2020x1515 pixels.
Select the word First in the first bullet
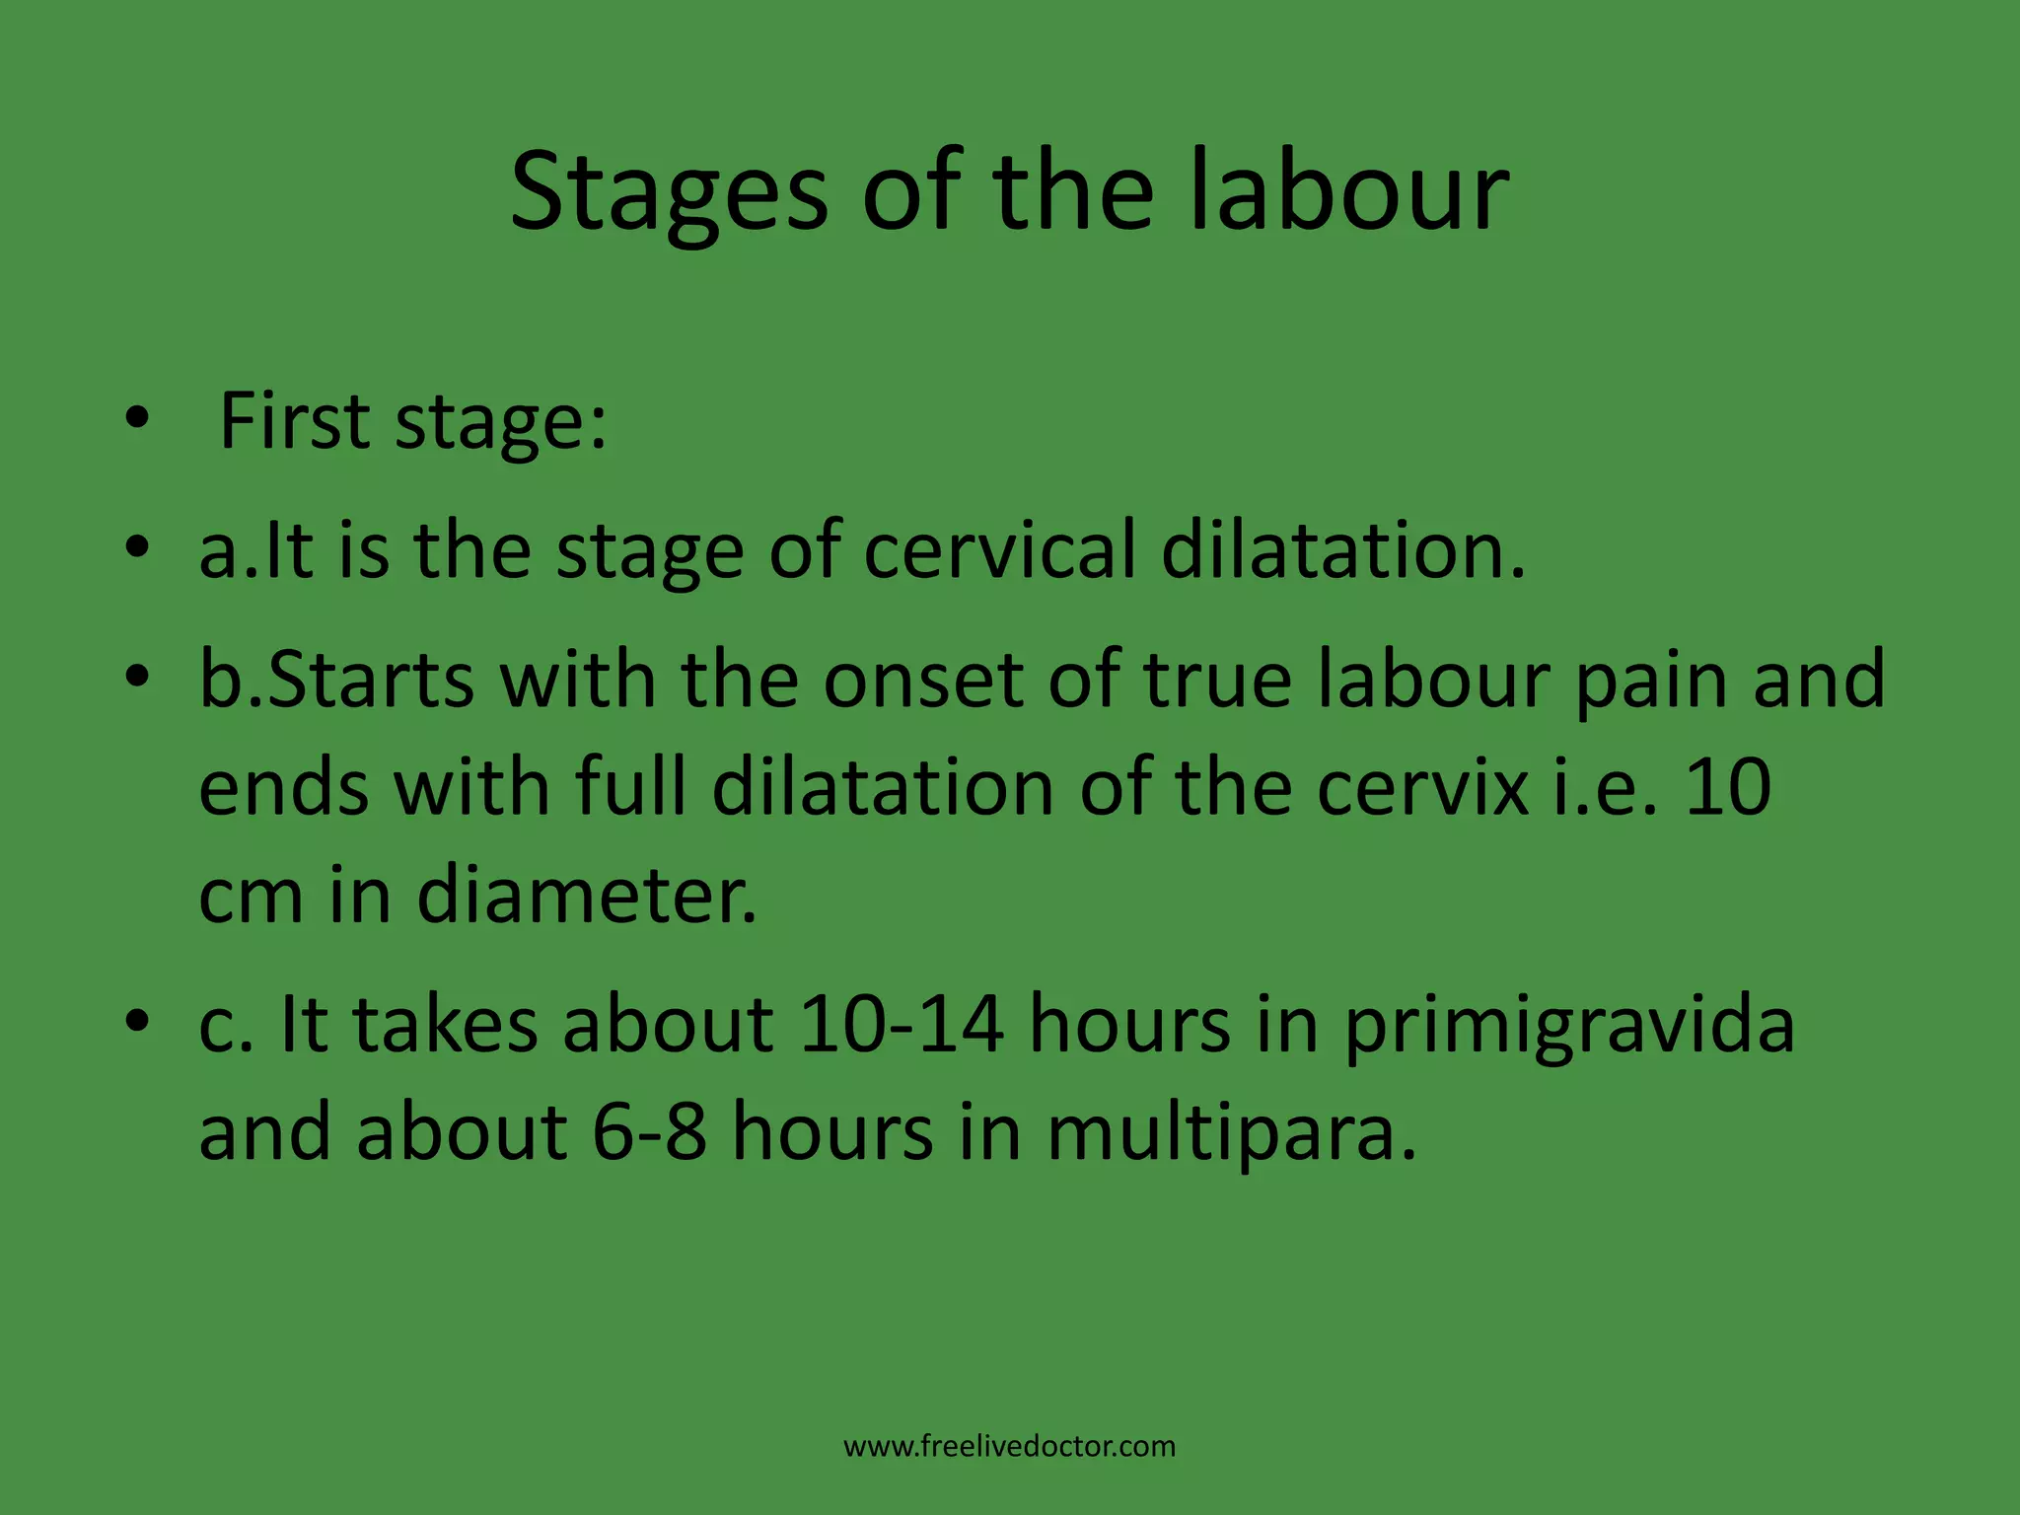(x=294, y=421)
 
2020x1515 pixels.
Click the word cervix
(x=1422, y=788)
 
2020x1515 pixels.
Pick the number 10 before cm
(x=1728, y=788)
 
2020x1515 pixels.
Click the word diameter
(x=587, y=895)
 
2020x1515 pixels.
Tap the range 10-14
(x=902, y=1024)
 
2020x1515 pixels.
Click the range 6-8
(x=649, y=1131)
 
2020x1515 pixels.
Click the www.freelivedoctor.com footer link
(x=1009, y=1447)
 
